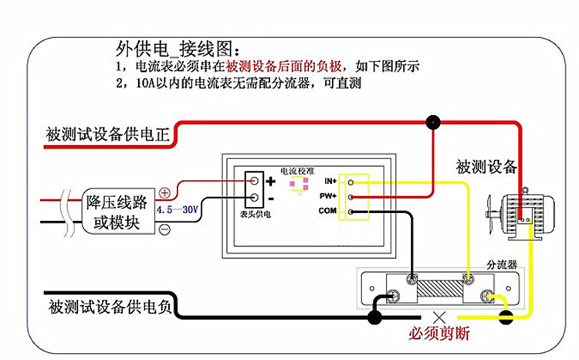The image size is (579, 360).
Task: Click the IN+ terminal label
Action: [x=330, y=181]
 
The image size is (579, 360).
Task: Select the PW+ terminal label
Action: [x=328, y=196]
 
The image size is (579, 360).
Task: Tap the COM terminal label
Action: [x=327, y=211]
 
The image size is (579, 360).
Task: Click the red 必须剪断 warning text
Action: [x=439, y=334]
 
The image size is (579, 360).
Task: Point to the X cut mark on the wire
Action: [x=439, y=318]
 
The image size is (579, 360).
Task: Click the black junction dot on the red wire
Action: [x=433, y=122]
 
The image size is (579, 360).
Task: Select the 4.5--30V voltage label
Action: [x=178, y=210]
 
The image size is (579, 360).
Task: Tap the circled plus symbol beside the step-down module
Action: [x=164, y=193]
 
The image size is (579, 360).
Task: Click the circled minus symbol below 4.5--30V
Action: [x=164, y=229]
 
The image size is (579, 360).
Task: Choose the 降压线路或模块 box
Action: [x=118, y=212]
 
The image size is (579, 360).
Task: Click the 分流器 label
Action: [x=502, y=265]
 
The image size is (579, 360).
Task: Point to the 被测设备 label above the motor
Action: [x=486, y=167]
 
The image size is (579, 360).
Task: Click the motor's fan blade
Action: [x=490, y=214]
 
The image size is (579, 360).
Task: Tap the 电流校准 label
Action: [x=297, y=172]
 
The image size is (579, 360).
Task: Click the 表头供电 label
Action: [x=256, y=214]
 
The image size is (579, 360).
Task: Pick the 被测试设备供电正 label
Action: [x=108, y=134]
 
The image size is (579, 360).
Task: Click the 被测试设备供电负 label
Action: [x=110, y=307]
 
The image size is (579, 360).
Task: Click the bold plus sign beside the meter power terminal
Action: [x=271, y=181]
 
